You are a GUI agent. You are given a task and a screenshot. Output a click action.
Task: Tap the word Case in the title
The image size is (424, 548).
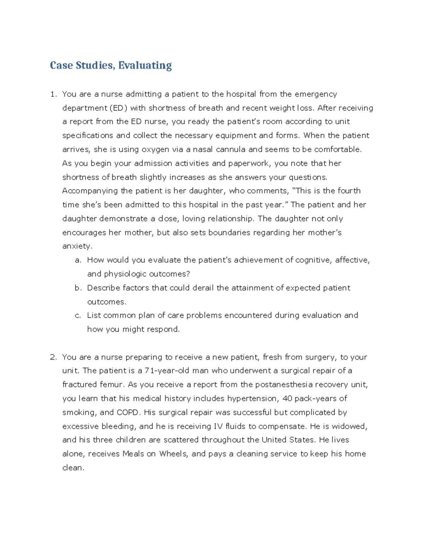61,65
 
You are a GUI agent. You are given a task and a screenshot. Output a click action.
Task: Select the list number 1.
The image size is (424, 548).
53,94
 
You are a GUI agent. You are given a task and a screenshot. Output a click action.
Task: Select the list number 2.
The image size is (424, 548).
53,357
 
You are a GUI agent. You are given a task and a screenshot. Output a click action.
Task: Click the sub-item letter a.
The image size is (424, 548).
78,260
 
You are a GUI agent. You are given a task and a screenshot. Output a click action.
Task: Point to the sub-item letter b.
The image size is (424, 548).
78,288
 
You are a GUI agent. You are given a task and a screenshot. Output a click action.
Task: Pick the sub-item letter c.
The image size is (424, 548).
78,315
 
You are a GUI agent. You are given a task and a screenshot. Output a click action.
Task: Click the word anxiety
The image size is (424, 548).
77,246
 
